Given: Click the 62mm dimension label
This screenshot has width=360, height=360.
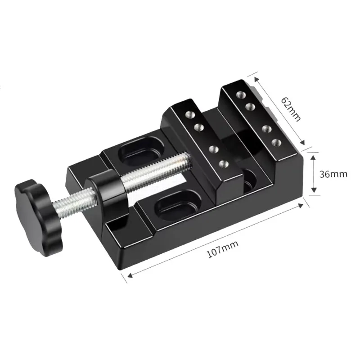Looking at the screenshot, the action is tap(291, 109).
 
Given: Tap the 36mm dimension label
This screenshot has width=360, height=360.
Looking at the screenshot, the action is tap(333, 174).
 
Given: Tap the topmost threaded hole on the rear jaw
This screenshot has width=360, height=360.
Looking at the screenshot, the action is tap(241, 94).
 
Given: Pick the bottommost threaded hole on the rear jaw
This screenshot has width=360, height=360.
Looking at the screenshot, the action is tap(276, 142).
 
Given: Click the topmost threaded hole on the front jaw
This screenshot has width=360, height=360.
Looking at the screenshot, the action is tap(189, 114).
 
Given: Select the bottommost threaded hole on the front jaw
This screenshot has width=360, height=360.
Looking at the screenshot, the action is tap(224, 164).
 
